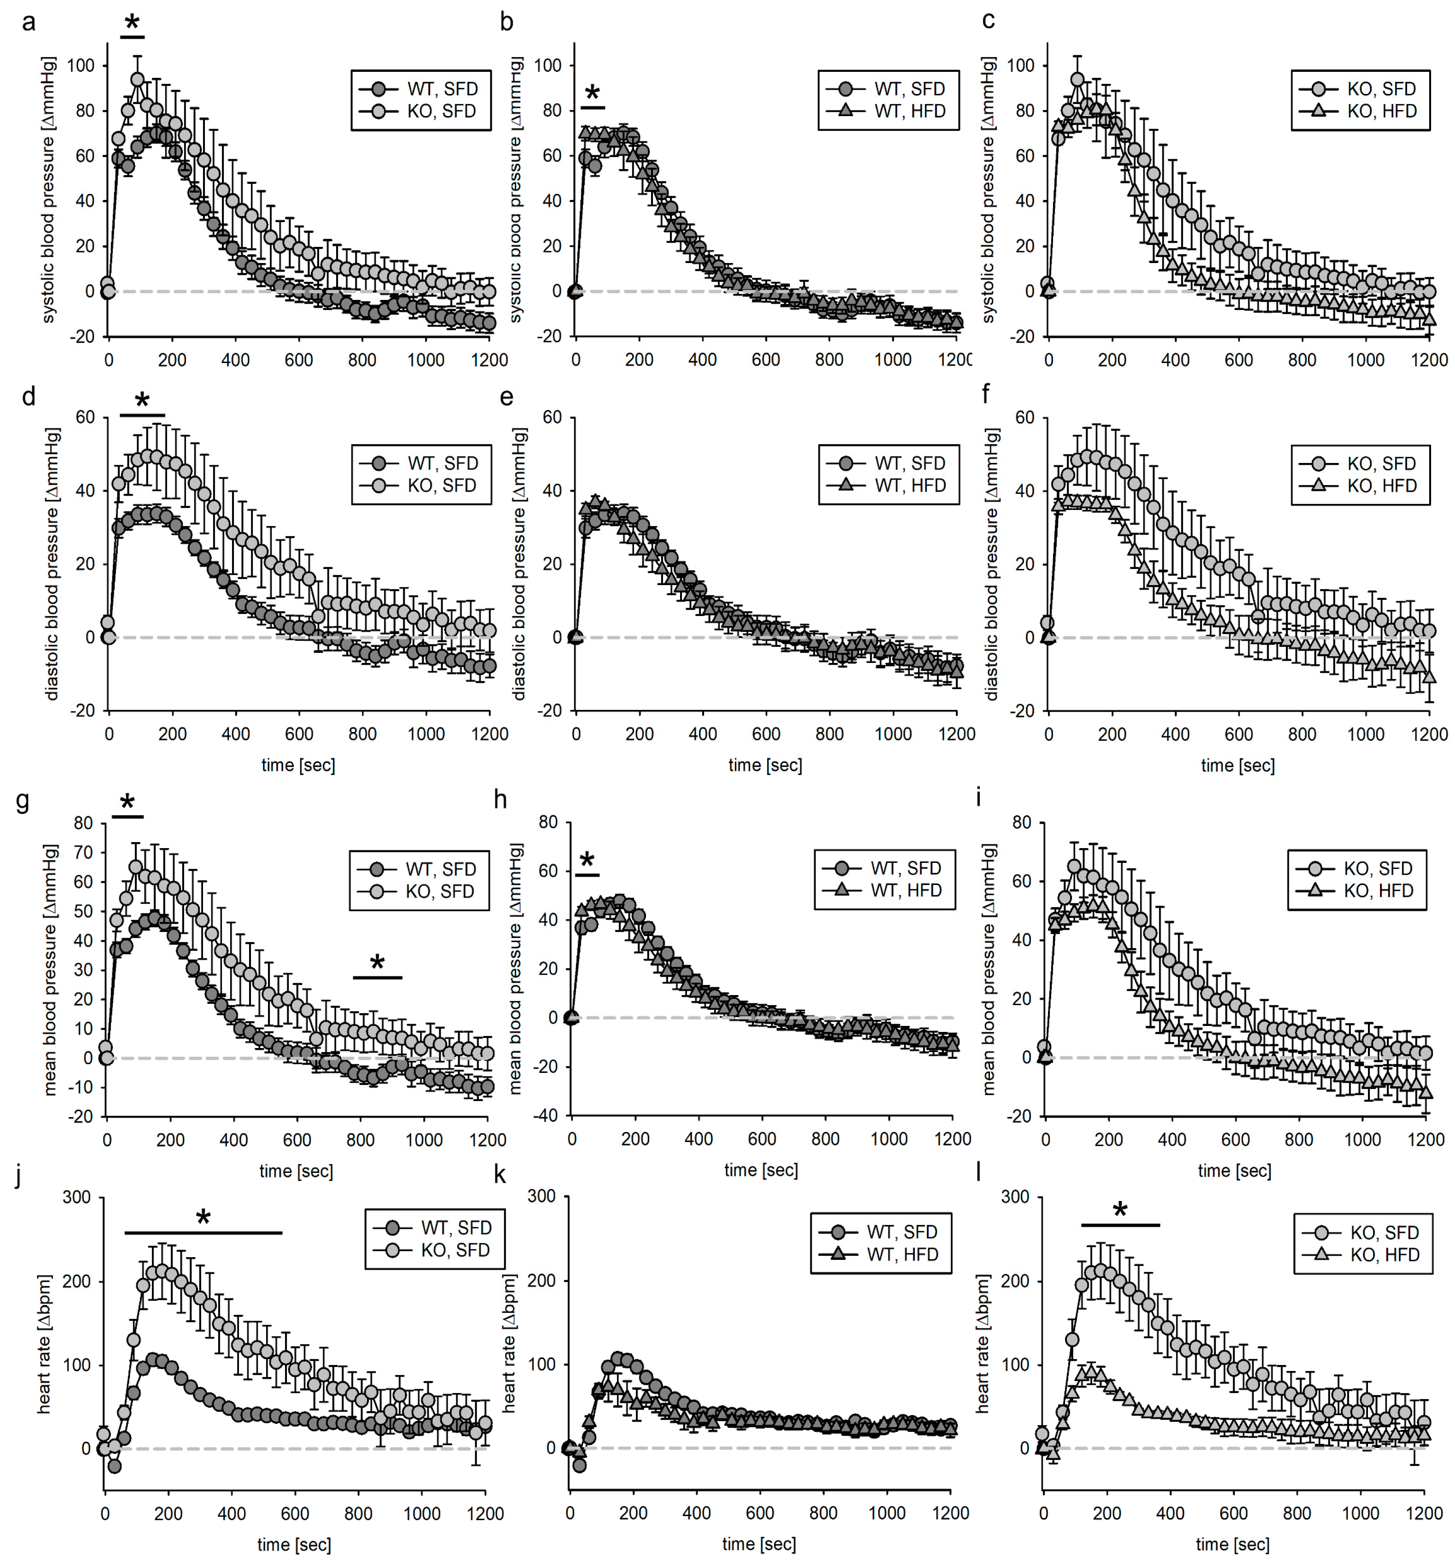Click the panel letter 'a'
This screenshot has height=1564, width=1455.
click(28, 21)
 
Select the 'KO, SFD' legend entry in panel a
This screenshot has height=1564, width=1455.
click(441, 111)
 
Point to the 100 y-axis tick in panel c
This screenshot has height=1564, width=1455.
click(1021, 65)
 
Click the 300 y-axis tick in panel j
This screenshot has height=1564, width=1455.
click(76, 1197)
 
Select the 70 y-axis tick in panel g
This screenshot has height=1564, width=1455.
click(82, 852)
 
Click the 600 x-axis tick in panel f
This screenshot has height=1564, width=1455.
click(1238, 734)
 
